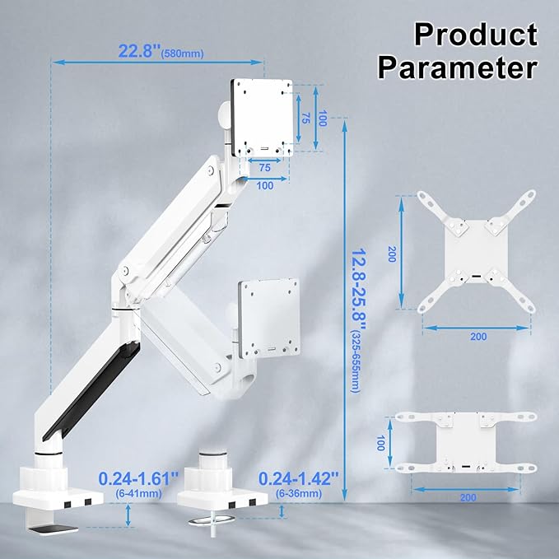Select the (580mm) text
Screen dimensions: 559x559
184,54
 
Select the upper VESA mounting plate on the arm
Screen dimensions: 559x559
263,114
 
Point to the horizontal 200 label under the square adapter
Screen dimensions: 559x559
477,336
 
